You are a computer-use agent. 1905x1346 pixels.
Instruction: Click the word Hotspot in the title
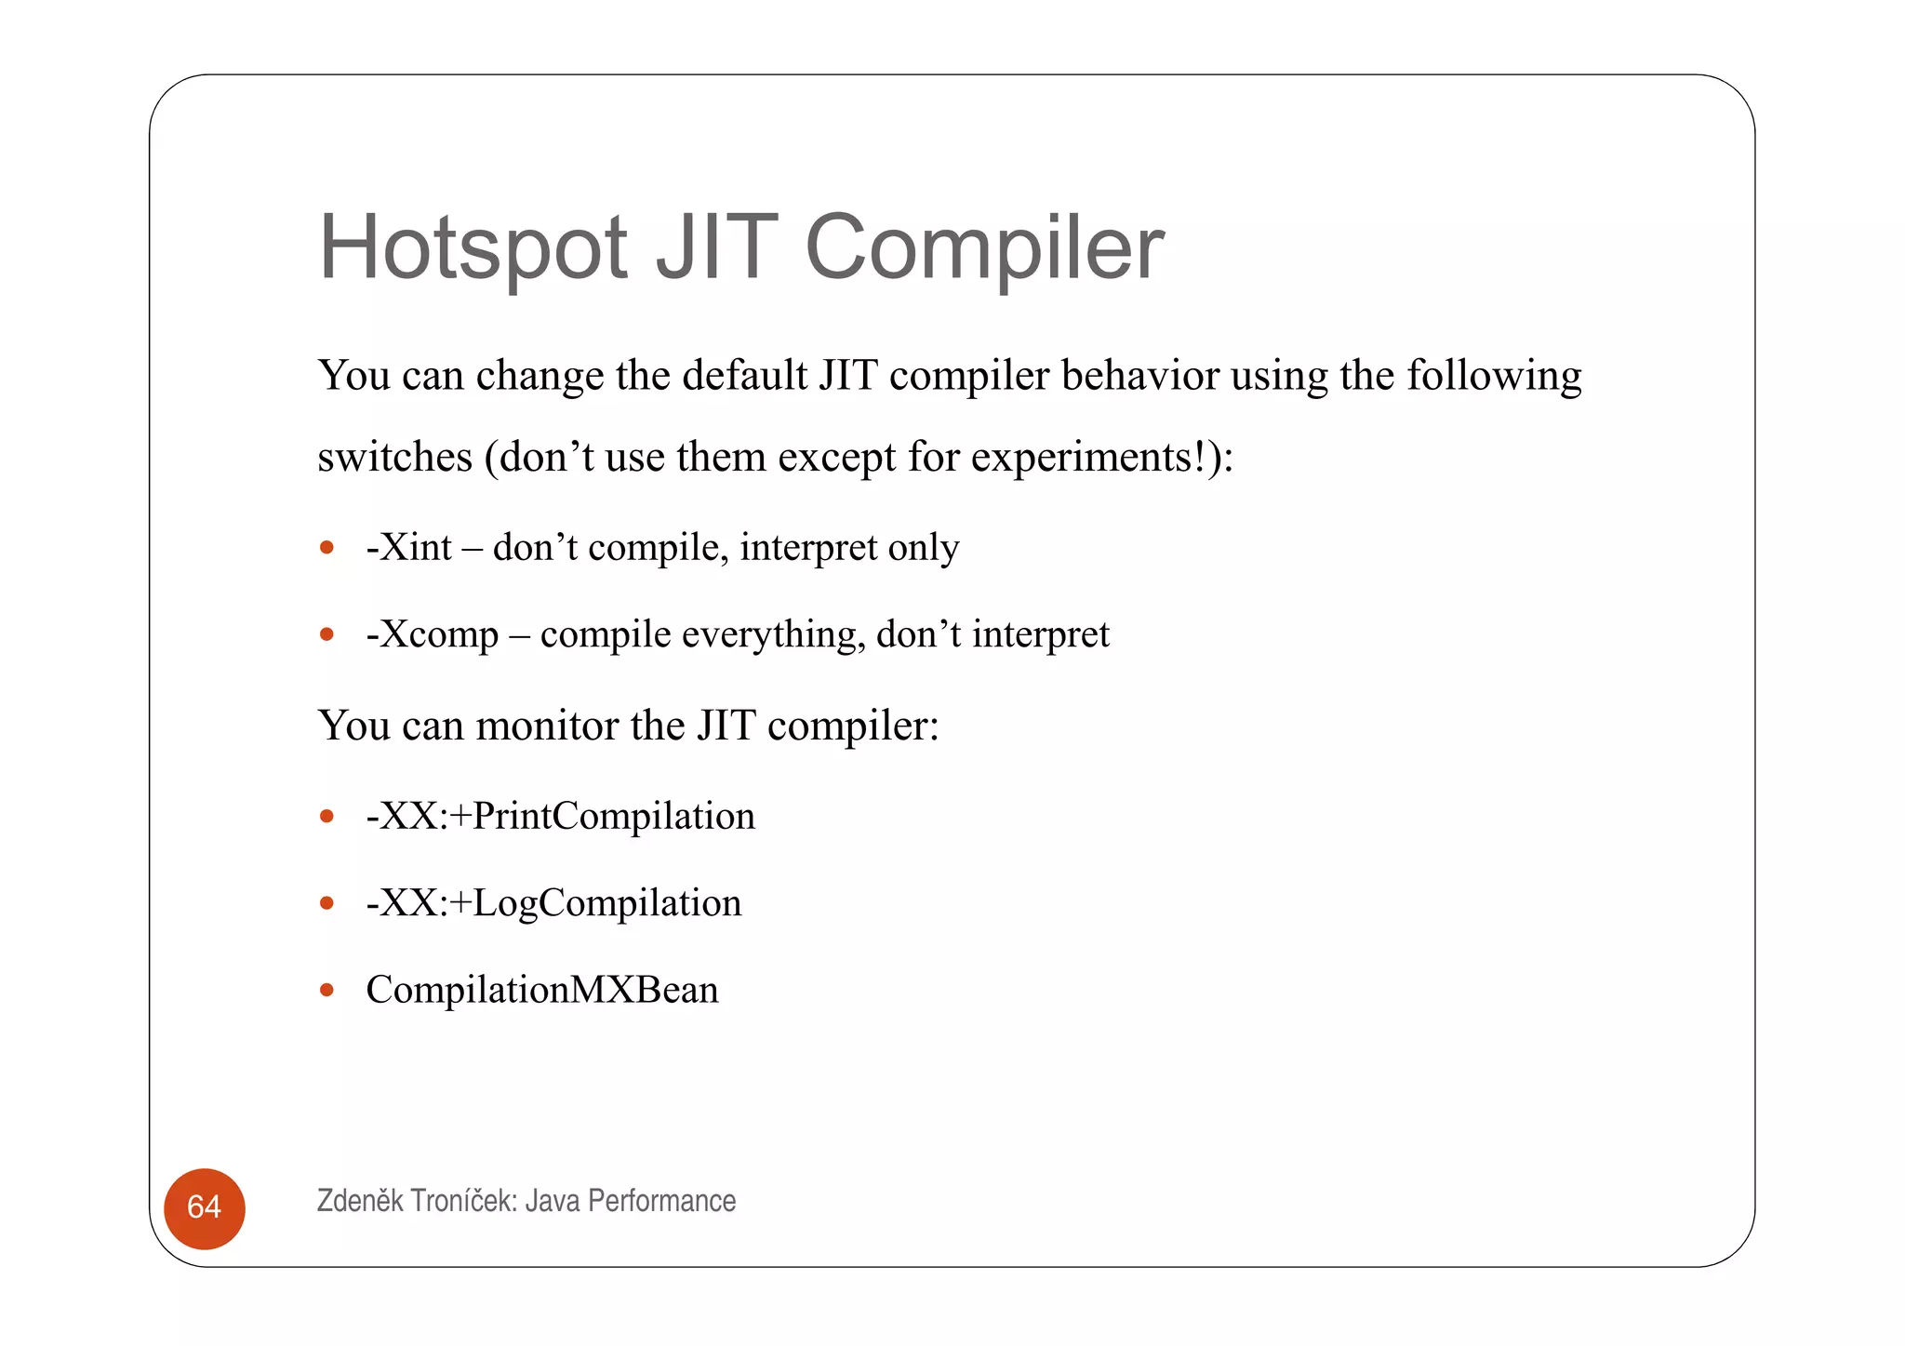(473, 247)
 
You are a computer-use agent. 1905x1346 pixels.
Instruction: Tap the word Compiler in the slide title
(984, 247)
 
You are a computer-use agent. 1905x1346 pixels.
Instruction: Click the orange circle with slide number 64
(205, 1207)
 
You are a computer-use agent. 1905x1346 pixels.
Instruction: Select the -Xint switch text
(408, 547)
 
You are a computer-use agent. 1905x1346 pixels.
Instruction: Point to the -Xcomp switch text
(433, 634)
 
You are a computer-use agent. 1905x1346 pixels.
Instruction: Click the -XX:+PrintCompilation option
(560, 816)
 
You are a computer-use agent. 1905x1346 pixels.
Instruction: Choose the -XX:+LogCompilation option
(553, 902)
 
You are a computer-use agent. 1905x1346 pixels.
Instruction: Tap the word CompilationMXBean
(542, 990)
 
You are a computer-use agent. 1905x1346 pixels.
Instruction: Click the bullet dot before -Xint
(326, 548)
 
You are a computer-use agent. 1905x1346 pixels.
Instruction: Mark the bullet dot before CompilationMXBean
(326, 990)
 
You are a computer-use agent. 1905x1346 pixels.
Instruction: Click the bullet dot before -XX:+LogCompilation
(326, 903)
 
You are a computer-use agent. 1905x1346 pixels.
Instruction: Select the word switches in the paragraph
(394, 458)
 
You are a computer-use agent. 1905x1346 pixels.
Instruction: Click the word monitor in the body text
(547, 726)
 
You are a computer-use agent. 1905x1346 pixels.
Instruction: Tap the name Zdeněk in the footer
(360, 1201)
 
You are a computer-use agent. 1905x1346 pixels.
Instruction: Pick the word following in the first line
(1493, 377)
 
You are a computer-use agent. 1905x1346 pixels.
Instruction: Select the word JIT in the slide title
(716, 247)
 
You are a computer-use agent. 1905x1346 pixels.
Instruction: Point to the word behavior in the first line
(1139, 376)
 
